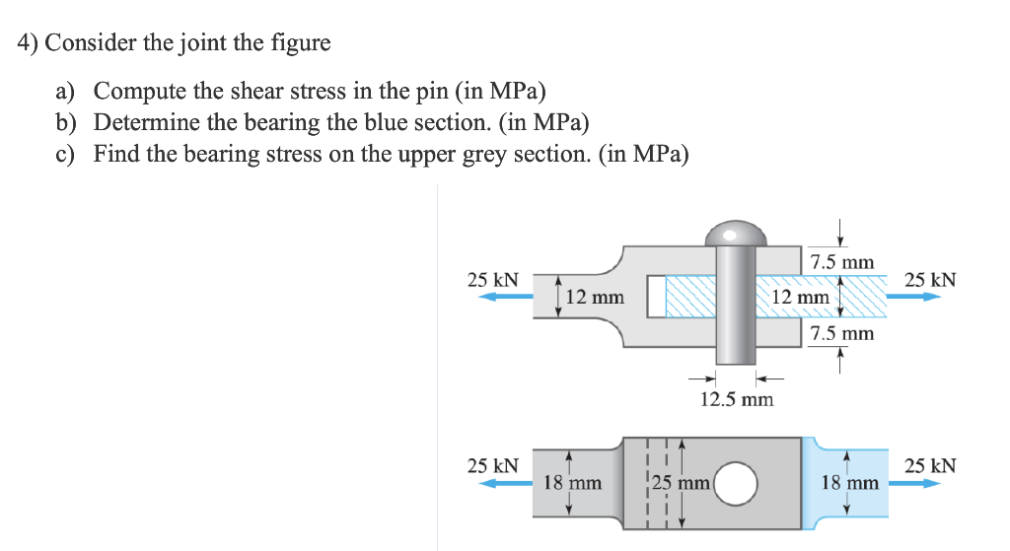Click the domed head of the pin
[736, 233]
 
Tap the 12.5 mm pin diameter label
[736, 399]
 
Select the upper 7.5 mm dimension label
[841, 262]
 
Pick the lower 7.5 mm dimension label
[841, 334]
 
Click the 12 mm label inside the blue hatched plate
[800, 297]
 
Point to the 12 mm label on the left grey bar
[595, 296]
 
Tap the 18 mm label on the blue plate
[849, 483]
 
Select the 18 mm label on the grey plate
[573, 483]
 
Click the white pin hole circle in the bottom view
[736, 484]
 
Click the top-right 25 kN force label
[929, 280]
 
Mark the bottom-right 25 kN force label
[929, 465]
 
